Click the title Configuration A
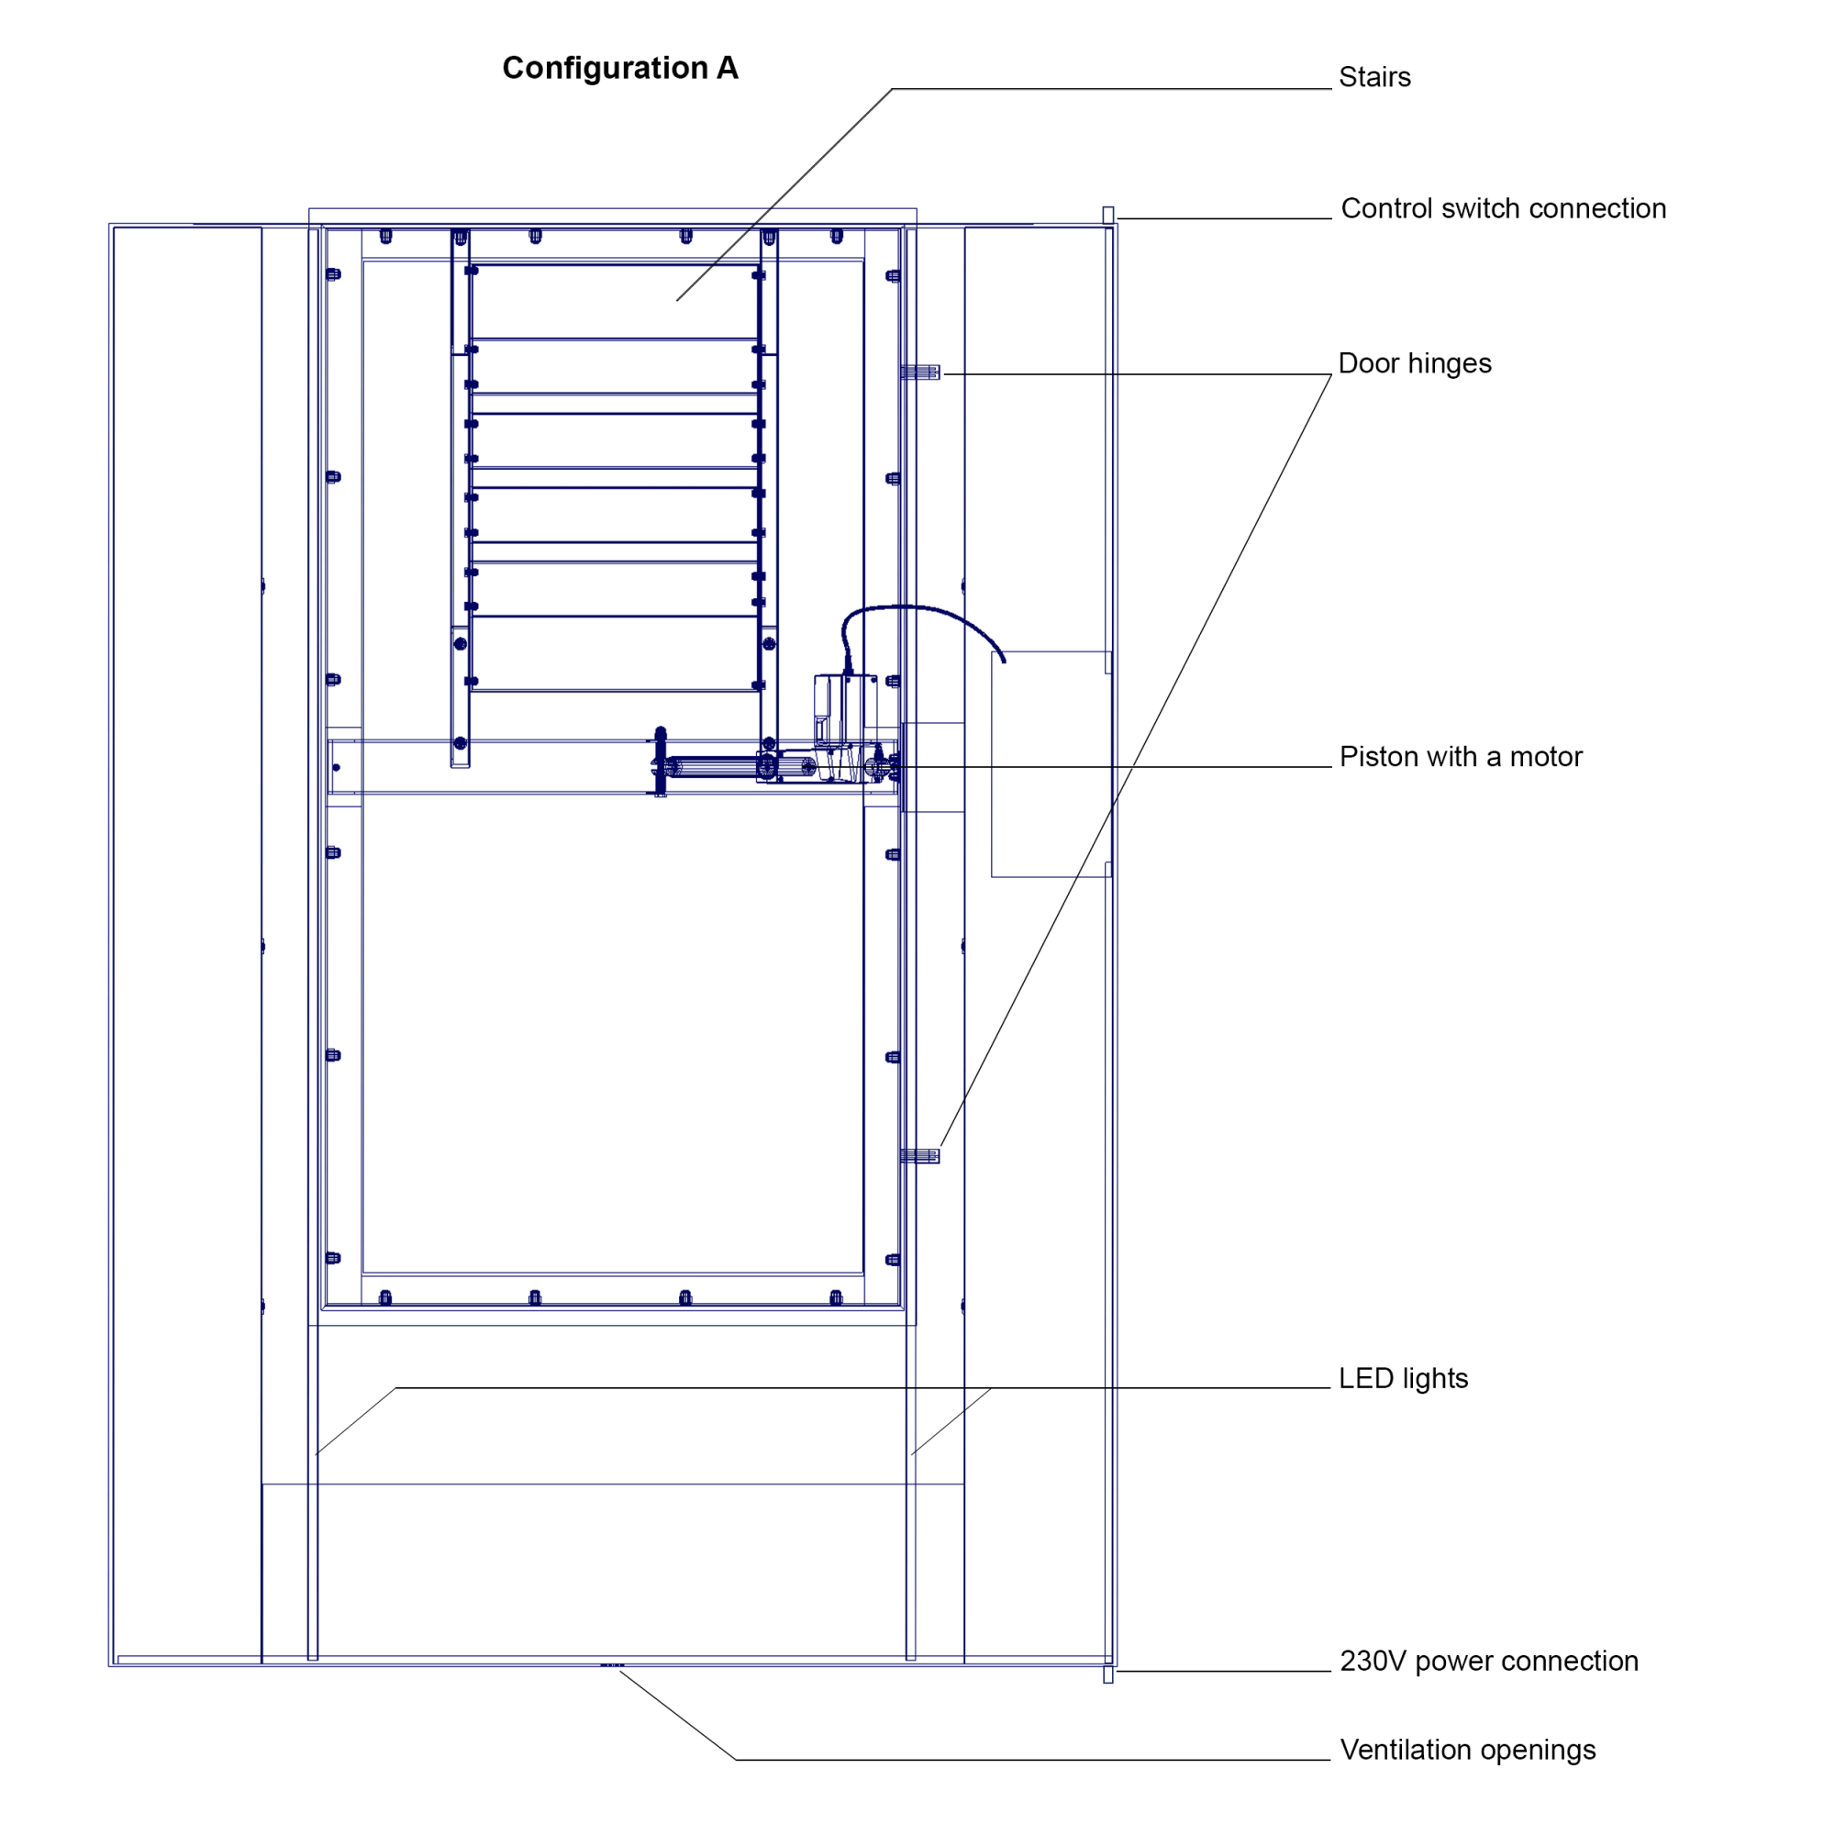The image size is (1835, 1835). tap(619, 69)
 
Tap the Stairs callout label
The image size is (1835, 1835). tap(1373, 77)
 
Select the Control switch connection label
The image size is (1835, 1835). tap(1503, 208)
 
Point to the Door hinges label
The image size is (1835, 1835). tap(1414, 362)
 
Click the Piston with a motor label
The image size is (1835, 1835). tap(1460, 756)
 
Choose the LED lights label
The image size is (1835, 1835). tap(1403, 1378)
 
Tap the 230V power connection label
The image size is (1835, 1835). tap(1488, 1661)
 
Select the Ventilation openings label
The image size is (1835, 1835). tap(1467, 1750)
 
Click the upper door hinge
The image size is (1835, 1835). tap(920, 373)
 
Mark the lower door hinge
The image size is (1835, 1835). tap(919, 1156)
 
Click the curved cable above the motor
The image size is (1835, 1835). tap(912, 609)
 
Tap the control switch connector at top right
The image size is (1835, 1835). tap(1107, 216)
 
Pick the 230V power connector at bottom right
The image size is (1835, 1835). tap(1107, 1674)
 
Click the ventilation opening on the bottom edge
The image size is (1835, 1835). tap(613, 1665)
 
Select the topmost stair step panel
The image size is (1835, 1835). tap(615, 302)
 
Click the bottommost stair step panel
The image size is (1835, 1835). tap(615, 653)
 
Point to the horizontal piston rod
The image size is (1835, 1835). tap(712, 765)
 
